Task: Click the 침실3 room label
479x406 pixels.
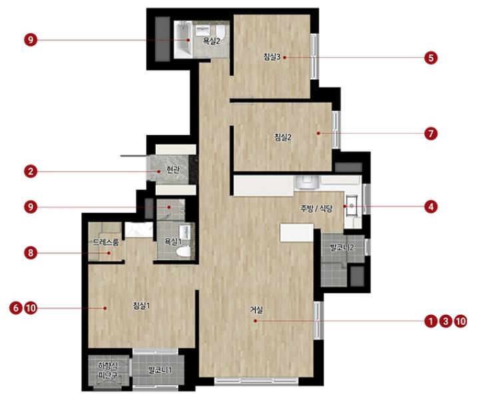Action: [x=272, y=57]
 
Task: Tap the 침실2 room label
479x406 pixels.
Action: [x=283, y=137]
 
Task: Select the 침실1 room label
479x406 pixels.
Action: [x=141, y=305]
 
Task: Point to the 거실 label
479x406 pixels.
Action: [x=257, y=310]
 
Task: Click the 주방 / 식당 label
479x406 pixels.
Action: [x=316, y=209]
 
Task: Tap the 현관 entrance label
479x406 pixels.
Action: [x=173, y=170]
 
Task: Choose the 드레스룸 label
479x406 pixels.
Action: [x=106, y=242]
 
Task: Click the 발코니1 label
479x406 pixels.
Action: [x=160, y=370]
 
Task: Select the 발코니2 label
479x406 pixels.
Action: [x=342, y=248]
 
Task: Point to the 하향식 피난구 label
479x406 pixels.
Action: [x=108, y=370]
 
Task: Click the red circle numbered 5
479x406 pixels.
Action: [x=430, y=57]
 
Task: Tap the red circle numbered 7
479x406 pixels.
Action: [x=430, y=134]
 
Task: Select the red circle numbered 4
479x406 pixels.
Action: [x=430, y=207]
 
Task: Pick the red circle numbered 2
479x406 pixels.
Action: [x=31, y=171]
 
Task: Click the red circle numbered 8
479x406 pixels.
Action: [x=31, y=253]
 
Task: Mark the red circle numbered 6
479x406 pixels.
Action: [x=16, y=307]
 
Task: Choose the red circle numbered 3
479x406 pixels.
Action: [x=446, y=321]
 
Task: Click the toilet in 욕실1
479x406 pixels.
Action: [x=184, y=252]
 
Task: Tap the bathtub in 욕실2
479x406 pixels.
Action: [x=183, y=39]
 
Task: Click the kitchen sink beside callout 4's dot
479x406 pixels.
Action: [x=352, y=206]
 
